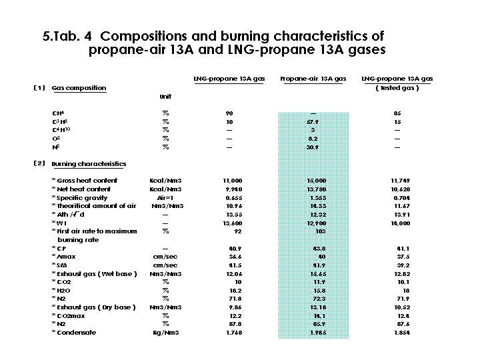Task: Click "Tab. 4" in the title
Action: click(75, 35)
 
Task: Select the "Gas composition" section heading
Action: click(79, 88)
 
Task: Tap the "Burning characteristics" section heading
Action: click(89, 164)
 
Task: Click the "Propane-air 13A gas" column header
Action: click(313, 79)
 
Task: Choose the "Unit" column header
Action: click(165, 97)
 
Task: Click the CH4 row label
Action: click(57, 113)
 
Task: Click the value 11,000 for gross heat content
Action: click(233, 181)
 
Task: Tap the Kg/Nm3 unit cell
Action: click(165, 333)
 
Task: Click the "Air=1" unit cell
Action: click(165, 198)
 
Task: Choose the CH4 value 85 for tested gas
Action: click(397, 113)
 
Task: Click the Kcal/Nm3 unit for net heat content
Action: click(165, 189)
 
